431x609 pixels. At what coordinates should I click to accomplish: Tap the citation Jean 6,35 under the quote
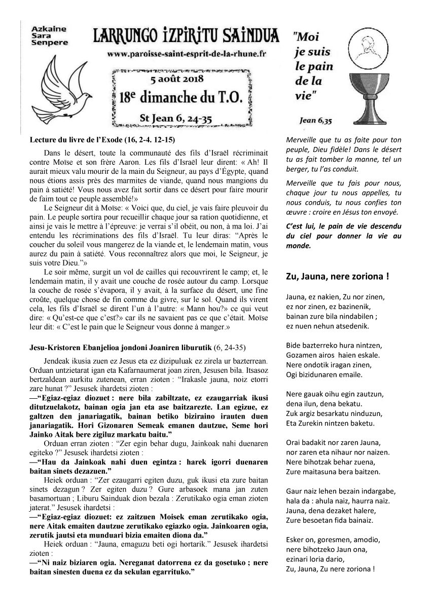click(315, 121)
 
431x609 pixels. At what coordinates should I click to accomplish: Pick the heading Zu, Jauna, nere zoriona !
click(337, 277)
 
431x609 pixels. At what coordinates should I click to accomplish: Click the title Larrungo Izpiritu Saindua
click(186, 36)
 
